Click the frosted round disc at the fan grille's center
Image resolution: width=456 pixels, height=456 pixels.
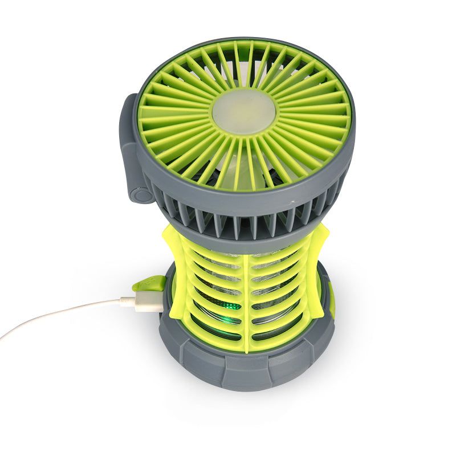click(x=244, y=110)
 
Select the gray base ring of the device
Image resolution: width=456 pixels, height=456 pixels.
click(x=245, y=365)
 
